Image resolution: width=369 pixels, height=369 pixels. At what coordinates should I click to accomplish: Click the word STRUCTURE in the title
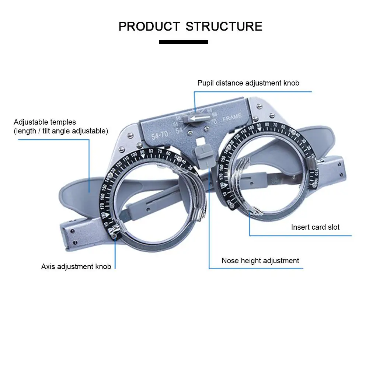(x=224, y=27)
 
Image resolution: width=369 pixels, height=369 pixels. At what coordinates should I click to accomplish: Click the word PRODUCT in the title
(x=149, y=27)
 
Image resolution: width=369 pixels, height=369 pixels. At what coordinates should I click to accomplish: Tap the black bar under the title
(x=183, y=42)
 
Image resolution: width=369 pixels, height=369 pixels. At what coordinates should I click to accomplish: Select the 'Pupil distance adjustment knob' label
(x=248, y=83)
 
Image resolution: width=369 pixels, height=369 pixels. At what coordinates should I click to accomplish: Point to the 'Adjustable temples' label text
(x=45, y=122)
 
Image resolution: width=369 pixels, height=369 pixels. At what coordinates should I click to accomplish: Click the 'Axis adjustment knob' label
(x=76, y=267)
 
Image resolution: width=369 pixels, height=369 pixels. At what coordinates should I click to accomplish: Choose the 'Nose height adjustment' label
(x=260, y=261)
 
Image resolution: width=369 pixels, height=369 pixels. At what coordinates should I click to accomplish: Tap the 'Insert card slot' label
(x=315, y=227)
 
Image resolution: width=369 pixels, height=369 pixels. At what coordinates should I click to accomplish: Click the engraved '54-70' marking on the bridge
(x=159, y=135)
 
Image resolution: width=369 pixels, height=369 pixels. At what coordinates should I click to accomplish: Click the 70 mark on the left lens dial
(x=160, y=151)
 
